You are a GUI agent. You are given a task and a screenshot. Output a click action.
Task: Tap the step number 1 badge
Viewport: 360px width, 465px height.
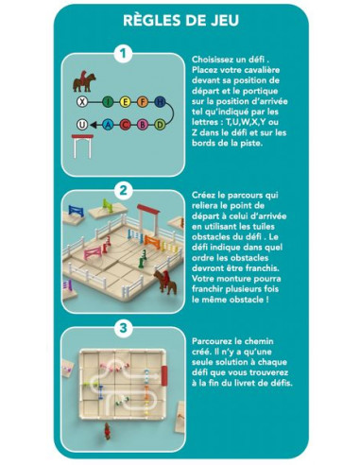point(122,55)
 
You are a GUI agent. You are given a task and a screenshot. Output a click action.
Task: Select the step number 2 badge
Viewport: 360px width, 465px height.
point(122,189)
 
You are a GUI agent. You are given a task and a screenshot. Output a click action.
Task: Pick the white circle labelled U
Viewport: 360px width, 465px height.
point(83,124)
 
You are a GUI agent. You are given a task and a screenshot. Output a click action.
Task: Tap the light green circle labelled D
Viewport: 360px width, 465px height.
point(144,124)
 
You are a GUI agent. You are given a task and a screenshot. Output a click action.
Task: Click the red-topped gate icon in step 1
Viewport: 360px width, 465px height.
point(82,144)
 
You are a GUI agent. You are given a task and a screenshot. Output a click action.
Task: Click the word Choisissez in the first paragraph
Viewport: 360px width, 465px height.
point(215,59)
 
